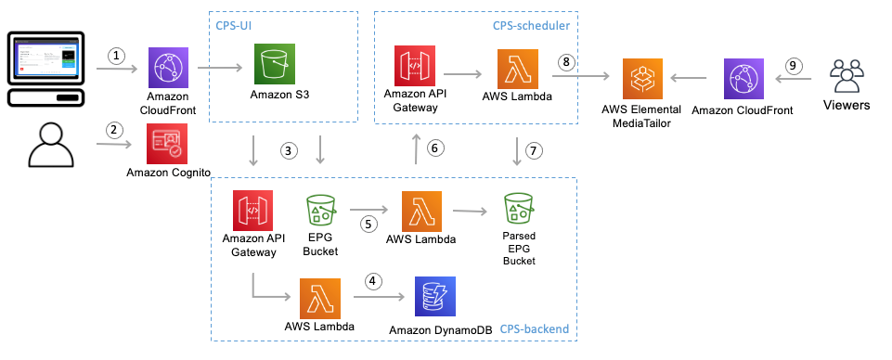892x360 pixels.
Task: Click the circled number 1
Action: click(116, 56)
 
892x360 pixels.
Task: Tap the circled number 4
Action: click(373, 280)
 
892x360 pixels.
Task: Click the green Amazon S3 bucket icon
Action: click(275, 65)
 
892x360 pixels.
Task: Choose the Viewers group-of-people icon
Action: click(847, 73)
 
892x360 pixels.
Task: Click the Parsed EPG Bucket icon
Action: click(520, 211)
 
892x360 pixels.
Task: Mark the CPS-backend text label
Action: click(534, 329)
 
